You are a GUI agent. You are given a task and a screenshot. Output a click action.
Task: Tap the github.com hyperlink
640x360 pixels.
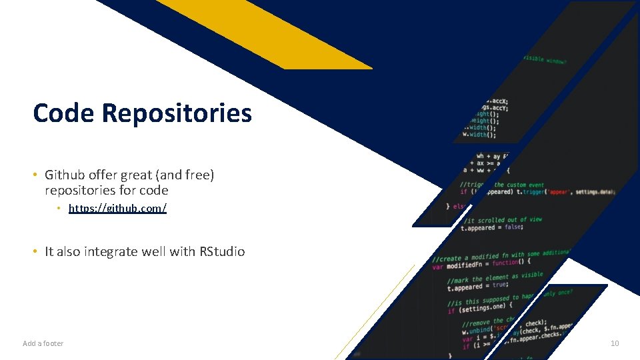pyautogui.click(x=117, y=209)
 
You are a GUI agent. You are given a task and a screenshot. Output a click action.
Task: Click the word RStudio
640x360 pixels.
pyautogui.click(x=221, y=252)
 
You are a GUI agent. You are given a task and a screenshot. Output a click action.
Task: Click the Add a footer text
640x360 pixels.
pyautogui.click(x=43, y=343)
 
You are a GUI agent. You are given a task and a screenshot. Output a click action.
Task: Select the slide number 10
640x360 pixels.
pyautogui.click(x=614, y=343)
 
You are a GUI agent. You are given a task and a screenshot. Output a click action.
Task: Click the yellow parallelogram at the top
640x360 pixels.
pyautogui.click(x=267, y=33)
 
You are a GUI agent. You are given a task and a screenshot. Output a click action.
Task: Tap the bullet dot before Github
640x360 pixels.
pyautogui.click(x=34, y=175)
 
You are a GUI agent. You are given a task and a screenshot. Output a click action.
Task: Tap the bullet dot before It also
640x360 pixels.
pyautogui.click(x=34, y=252)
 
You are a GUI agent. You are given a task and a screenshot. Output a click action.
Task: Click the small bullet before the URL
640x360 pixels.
pyautogui.click(x=59, y=209)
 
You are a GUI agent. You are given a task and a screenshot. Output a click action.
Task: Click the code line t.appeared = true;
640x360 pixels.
pyautogui.click(x=477, y=287)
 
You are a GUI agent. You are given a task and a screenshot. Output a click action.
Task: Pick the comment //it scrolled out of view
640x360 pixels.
pyautogui.click(x=503, y=219)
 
